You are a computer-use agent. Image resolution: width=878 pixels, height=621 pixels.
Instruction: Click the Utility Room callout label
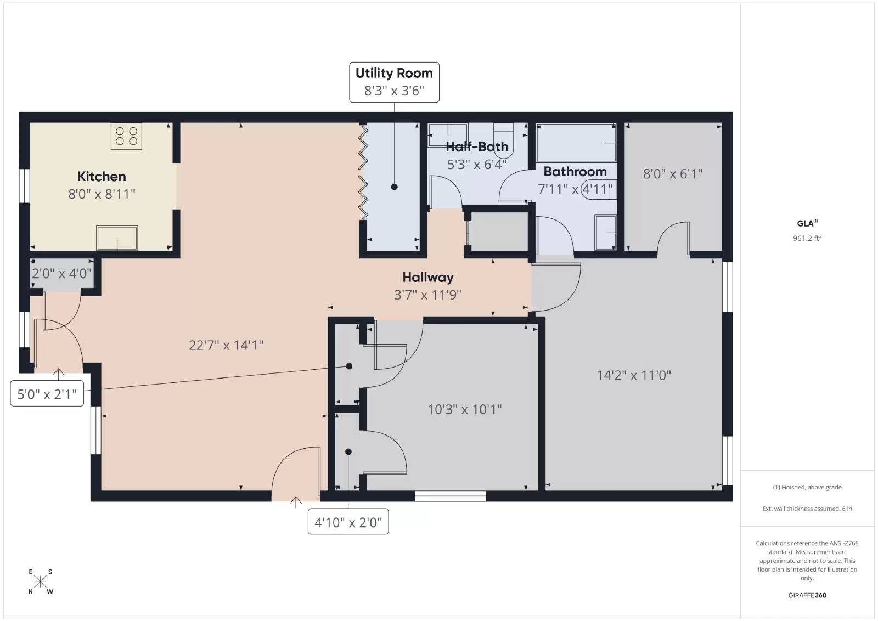394,82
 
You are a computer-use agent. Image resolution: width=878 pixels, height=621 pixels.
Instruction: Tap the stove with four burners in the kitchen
126,136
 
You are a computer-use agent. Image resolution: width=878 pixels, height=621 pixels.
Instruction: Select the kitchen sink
117,238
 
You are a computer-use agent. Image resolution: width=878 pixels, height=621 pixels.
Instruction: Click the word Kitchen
102,176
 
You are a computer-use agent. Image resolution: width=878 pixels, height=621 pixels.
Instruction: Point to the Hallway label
427,278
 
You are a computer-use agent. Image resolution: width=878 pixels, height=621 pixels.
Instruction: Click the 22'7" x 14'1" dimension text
226,345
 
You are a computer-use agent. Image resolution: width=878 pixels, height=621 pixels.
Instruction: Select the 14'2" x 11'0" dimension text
633,375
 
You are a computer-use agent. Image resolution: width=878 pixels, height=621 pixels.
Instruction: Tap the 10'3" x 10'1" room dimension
464,409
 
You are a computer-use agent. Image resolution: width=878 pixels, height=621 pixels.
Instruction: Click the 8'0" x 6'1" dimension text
673,174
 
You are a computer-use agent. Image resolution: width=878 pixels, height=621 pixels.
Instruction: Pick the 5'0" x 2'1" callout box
47,393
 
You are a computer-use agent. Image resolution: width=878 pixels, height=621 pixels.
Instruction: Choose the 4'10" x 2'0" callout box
348,522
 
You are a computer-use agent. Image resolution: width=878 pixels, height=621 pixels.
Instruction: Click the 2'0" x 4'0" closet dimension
61,273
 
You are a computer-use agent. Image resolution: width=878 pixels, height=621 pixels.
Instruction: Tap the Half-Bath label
477,147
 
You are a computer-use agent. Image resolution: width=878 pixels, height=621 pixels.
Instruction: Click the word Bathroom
575,172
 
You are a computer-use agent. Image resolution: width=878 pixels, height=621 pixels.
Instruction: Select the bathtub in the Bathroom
576,143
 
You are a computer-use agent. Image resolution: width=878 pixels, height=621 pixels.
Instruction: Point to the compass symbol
40,582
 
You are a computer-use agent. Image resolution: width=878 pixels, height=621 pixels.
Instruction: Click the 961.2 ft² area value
807,238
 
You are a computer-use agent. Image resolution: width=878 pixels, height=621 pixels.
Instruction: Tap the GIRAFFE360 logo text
807,595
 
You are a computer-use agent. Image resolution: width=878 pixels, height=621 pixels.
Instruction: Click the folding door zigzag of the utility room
363,171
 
